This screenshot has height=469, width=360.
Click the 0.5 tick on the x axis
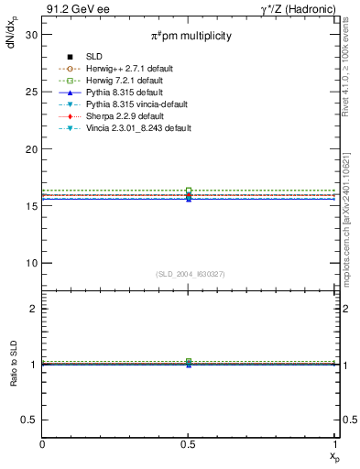189,445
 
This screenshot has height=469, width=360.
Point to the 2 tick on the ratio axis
35,309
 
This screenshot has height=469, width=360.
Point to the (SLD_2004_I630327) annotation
189,274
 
